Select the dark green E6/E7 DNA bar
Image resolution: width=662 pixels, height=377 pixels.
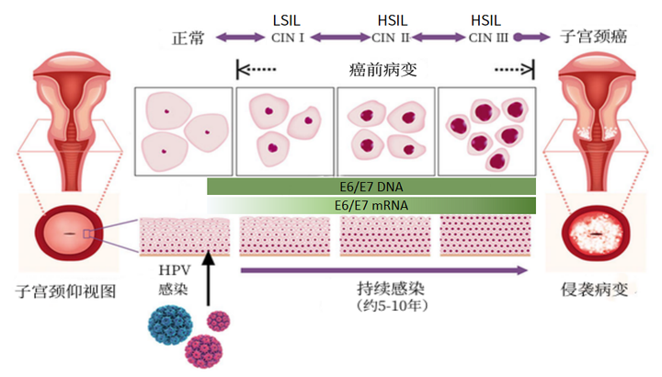tap(371, 187)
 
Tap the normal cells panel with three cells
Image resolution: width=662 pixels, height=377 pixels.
tap(184, 131)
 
